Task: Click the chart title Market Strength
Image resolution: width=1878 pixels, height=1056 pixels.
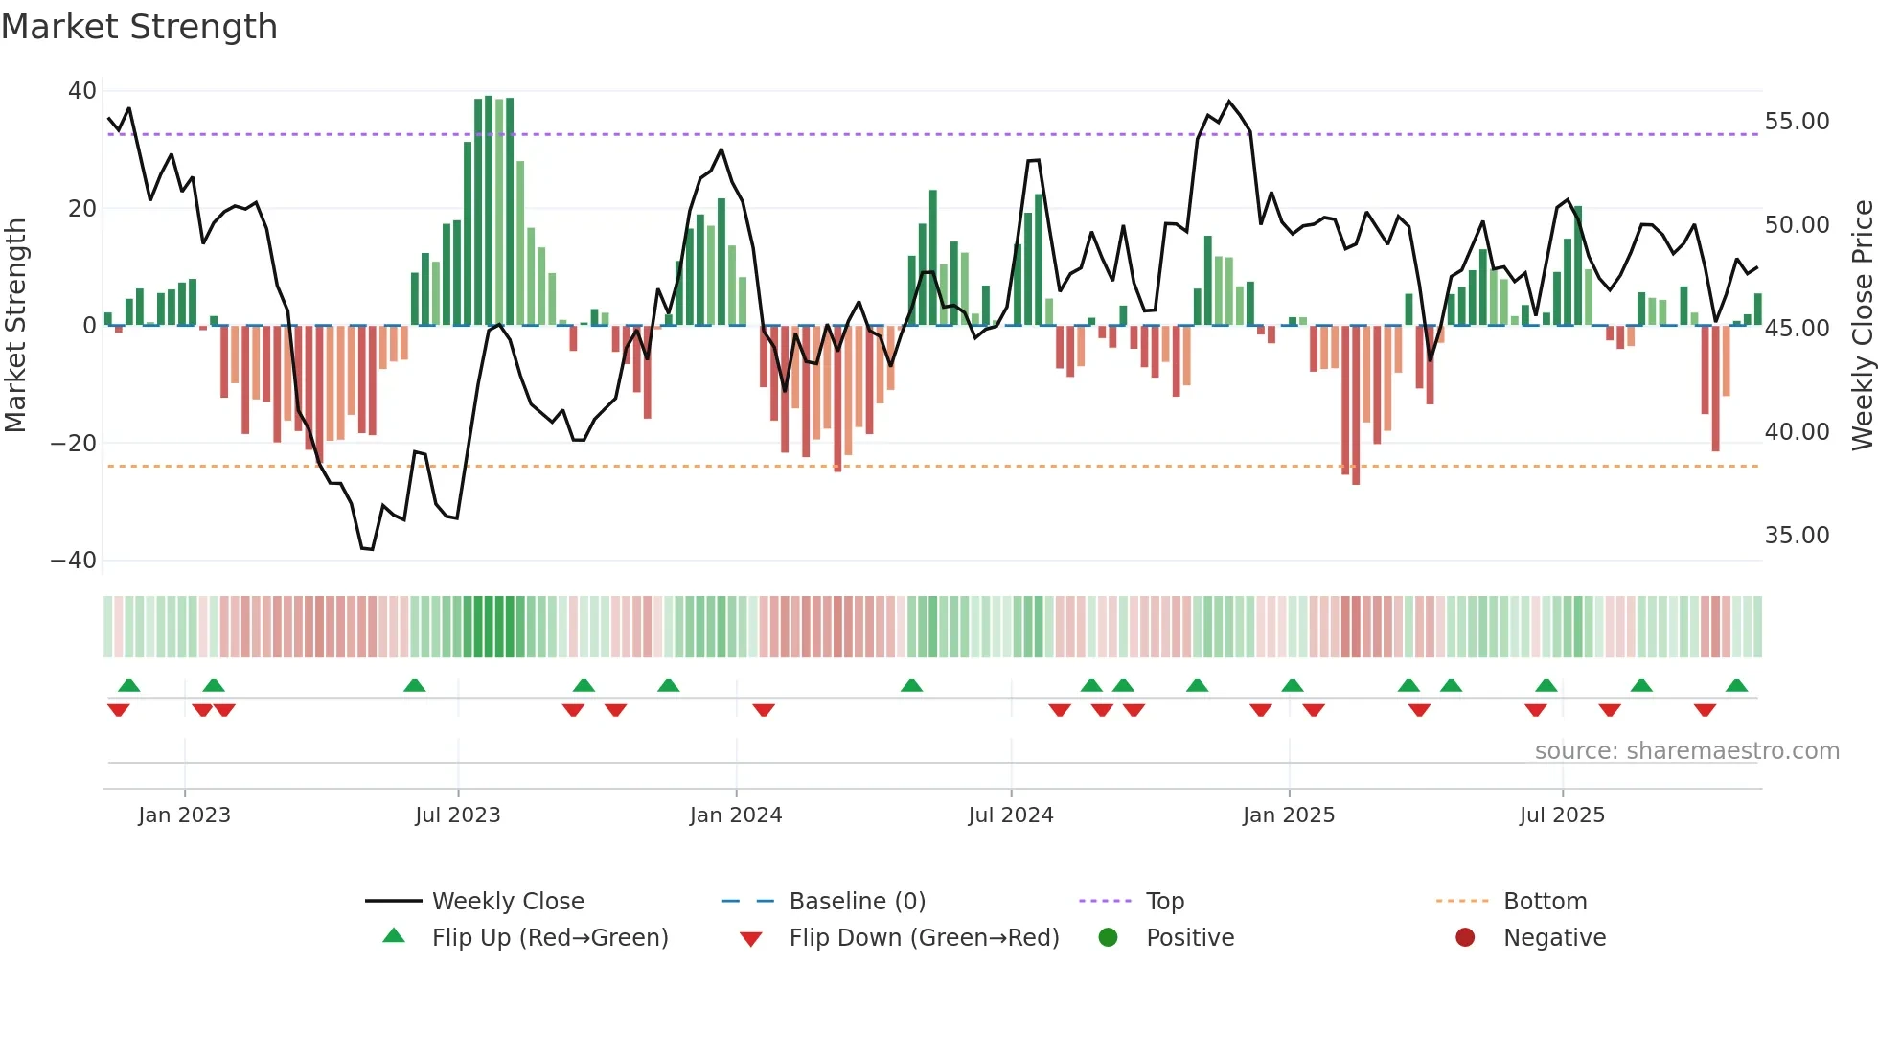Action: [139, 27]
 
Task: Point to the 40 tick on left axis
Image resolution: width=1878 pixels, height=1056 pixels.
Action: [81, 91]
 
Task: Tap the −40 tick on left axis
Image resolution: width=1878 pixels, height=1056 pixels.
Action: [74, 561]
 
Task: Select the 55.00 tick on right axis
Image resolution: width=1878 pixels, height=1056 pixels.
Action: [1797, 122]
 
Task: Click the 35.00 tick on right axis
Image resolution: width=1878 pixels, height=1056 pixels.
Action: [1797, 536]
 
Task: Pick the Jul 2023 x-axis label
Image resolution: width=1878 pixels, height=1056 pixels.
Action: [457, 815]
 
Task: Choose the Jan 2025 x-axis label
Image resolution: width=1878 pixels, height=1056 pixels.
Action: [1288, 815]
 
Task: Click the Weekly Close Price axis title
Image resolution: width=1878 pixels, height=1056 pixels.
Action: [1862, 326]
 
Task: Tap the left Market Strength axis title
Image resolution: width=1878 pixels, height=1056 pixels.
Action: [16, 326]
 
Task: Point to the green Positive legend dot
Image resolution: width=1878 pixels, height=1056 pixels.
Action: [1108, 938]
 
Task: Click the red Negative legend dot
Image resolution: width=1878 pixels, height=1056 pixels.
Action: [1465, 938]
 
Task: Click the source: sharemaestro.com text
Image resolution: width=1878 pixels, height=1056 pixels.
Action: [1686, 751]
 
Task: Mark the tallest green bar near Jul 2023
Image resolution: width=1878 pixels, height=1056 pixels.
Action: [489, 211]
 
